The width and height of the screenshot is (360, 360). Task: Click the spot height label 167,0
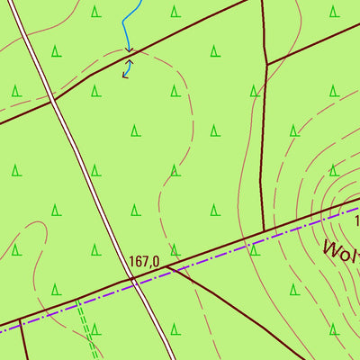pos(144,262)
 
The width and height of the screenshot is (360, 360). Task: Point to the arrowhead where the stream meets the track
pos(128,50)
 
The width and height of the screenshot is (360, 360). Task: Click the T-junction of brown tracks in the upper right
pos(267,65)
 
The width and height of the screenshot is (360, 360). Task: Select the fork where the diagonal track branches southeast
pos(166,267)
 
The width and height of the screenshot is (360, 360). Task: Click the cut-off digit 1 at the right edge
pos(356,220)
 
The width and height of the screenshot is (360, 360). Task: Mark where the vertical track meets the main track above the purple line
pos(264,232)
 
